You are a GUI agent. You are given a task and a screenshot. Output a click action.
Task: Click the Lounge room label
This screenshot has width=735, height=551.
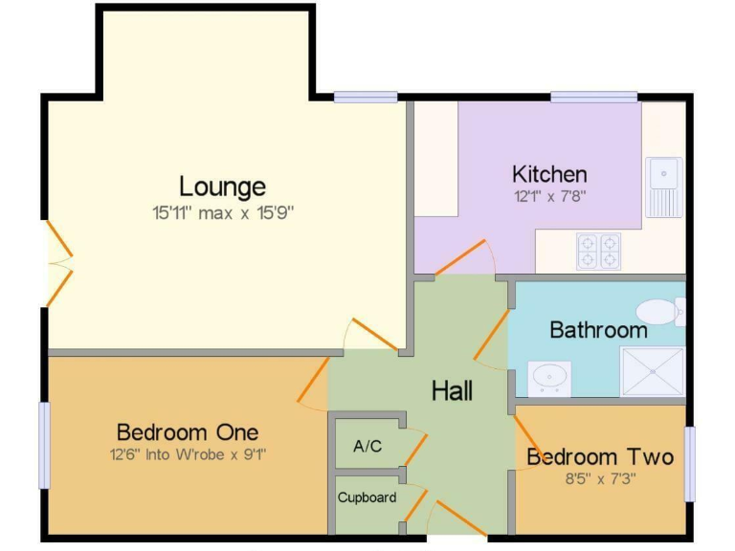223,186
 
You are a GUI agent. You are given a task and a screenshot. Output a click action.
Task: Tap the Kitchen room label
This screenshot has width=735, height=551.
549,174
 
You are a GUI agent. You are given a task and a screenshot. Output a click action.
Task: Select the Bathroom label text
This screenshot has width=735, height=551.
598,331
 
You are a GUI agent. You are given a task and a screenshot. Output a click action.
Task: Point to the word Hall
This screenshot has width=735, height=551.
452,390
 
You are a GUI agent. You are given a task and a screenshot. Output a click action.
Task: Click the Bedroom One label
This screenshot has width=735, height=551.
188,431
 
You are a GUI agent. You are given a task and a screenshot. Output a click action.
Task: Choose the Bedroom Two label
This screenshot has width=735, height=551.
600,457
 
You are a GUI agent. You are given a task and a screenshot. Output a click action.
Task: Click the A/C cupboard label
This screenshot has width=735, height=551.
367,446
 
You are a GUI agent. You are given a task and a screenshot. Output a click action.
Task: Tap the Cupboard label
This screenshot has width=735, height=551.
367,497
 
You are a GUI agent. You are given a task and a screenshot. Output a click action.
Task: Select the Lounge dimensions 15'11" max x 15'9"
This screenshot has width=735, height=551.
223,212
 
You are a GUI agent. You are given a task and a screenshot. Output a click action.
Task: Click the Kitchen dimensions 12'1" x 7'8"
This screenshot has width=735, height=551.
549,197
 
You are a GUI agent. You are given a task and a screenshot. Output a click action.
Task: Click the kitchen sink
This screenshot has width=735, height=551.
663,186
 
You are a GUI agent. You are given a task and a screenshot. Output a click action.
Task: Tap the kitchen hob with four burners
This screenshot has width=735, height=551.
598,251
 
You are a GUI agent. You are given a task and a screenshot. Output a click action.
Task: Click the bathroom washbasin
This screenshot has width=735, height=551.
550,376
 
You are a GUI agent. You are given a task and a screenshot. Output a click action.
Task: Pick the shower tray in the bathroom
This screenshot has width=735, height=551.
652,371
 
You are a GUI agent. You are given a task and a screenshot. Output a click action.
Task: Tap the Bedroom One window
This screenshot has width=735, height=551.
44,445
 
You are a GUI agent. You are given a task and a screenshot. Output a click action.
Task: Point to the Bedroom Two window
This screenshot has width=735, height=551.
689,464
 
